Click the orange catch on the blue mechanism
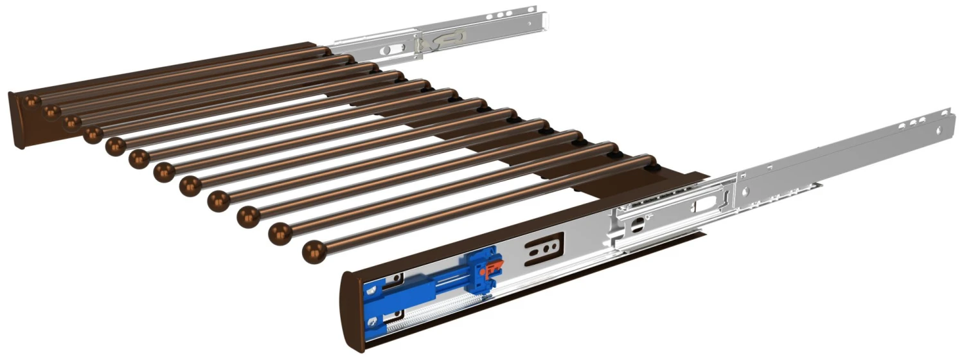coord(495,263)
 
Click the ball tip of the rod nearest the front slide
coord(314,251)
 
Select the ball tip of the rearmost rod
coord(30,101)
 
